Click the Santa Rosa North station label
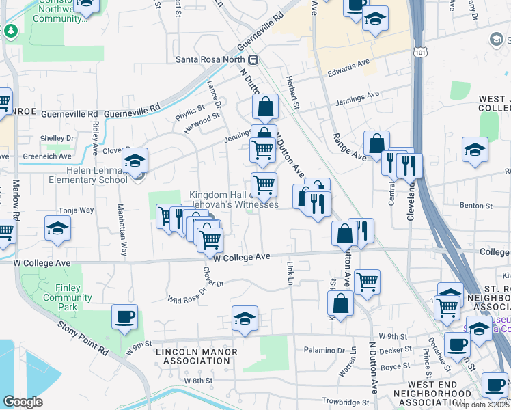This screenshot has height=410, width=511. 210,59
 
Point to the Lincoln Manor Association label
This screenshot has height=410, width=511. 197,356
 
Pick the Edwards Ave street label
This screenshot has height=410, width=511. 348,68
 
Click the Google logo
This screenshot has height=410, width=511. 23,401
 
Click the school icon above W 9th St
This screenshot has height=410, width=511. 245,318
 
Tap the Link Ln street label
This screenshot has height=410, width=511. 290,271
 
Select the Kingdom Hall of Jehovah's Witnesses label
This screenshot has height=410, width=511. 234,200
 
